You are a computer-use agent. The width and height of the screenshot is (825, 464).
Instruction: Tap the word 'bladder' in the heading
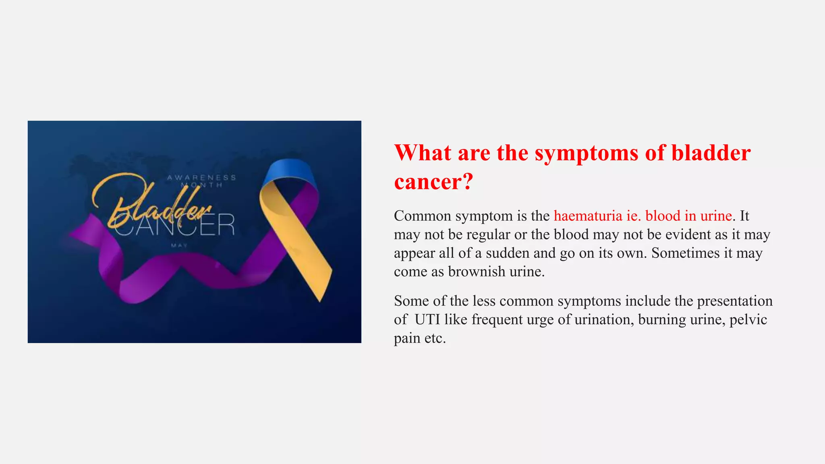(711, 153)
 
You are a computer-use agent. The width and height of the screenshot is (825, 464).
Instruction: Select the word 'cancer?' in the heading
(433, 182)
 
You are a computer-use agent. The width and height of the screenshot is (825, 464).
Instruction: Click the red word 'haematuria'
(588, 216)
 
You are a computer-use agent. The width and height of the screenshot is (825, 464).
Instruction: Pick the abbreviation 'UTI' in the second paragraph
(427, 320)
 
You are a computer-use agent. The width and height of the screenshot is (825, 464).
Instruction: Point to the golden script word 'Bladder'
(153, 201)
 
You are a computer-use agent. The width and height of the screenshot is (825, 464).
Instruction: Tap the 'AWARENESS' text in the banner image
(201, 178)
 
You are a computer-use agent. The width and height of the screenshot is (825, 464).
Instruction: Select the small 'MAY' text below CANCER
(179, 245)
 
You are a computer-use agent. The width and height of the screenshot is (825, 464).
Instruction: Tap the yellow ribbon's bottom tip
(320, 298)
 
